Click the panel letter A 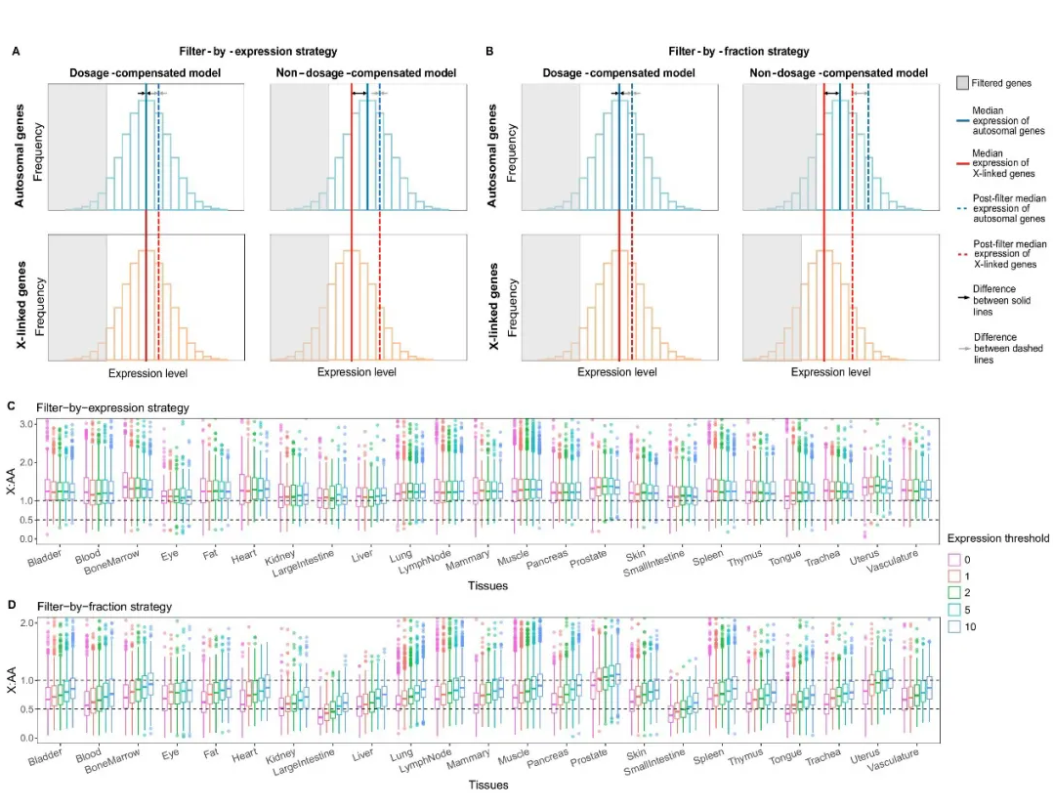(15, 51)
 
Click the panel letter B (489, 51)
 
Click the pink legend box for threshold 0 (954, 557)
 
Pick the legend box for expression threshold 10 (954, 626)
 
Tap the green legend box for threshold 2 (954, 592)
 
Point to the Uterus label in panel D (866, 754)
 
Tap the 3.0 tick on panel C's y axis (27, 423)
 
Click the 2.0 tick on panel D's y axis (27, 622)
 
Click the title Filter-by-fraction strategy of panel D (104, 607)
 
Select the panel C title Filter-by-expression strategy (112, 406)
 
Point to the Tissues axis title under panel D (486, 785)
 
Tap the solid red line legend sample (962, 161)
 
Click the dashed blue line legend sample (962, 207)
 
